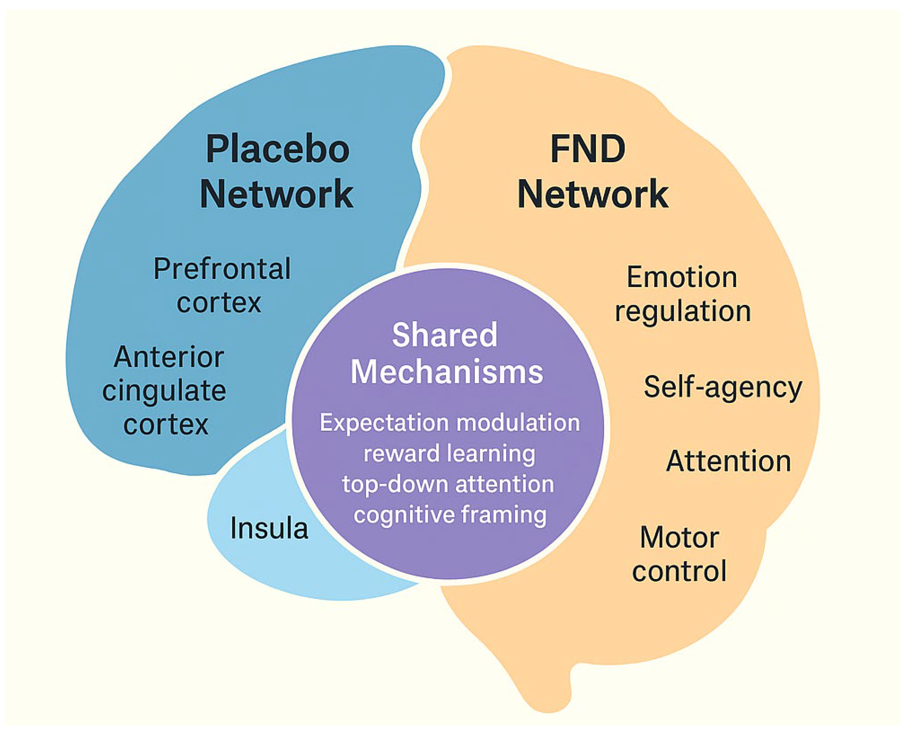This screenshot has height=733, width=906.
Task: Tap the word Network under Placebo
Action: coord(276,194)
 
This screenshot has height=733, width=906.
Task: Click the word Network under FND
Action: coord(593,194)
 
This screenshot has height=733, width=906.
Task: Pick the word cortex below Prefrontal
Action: coord(219,302)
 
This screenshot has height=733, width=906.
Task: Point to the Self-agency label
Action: coord(722,387)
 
